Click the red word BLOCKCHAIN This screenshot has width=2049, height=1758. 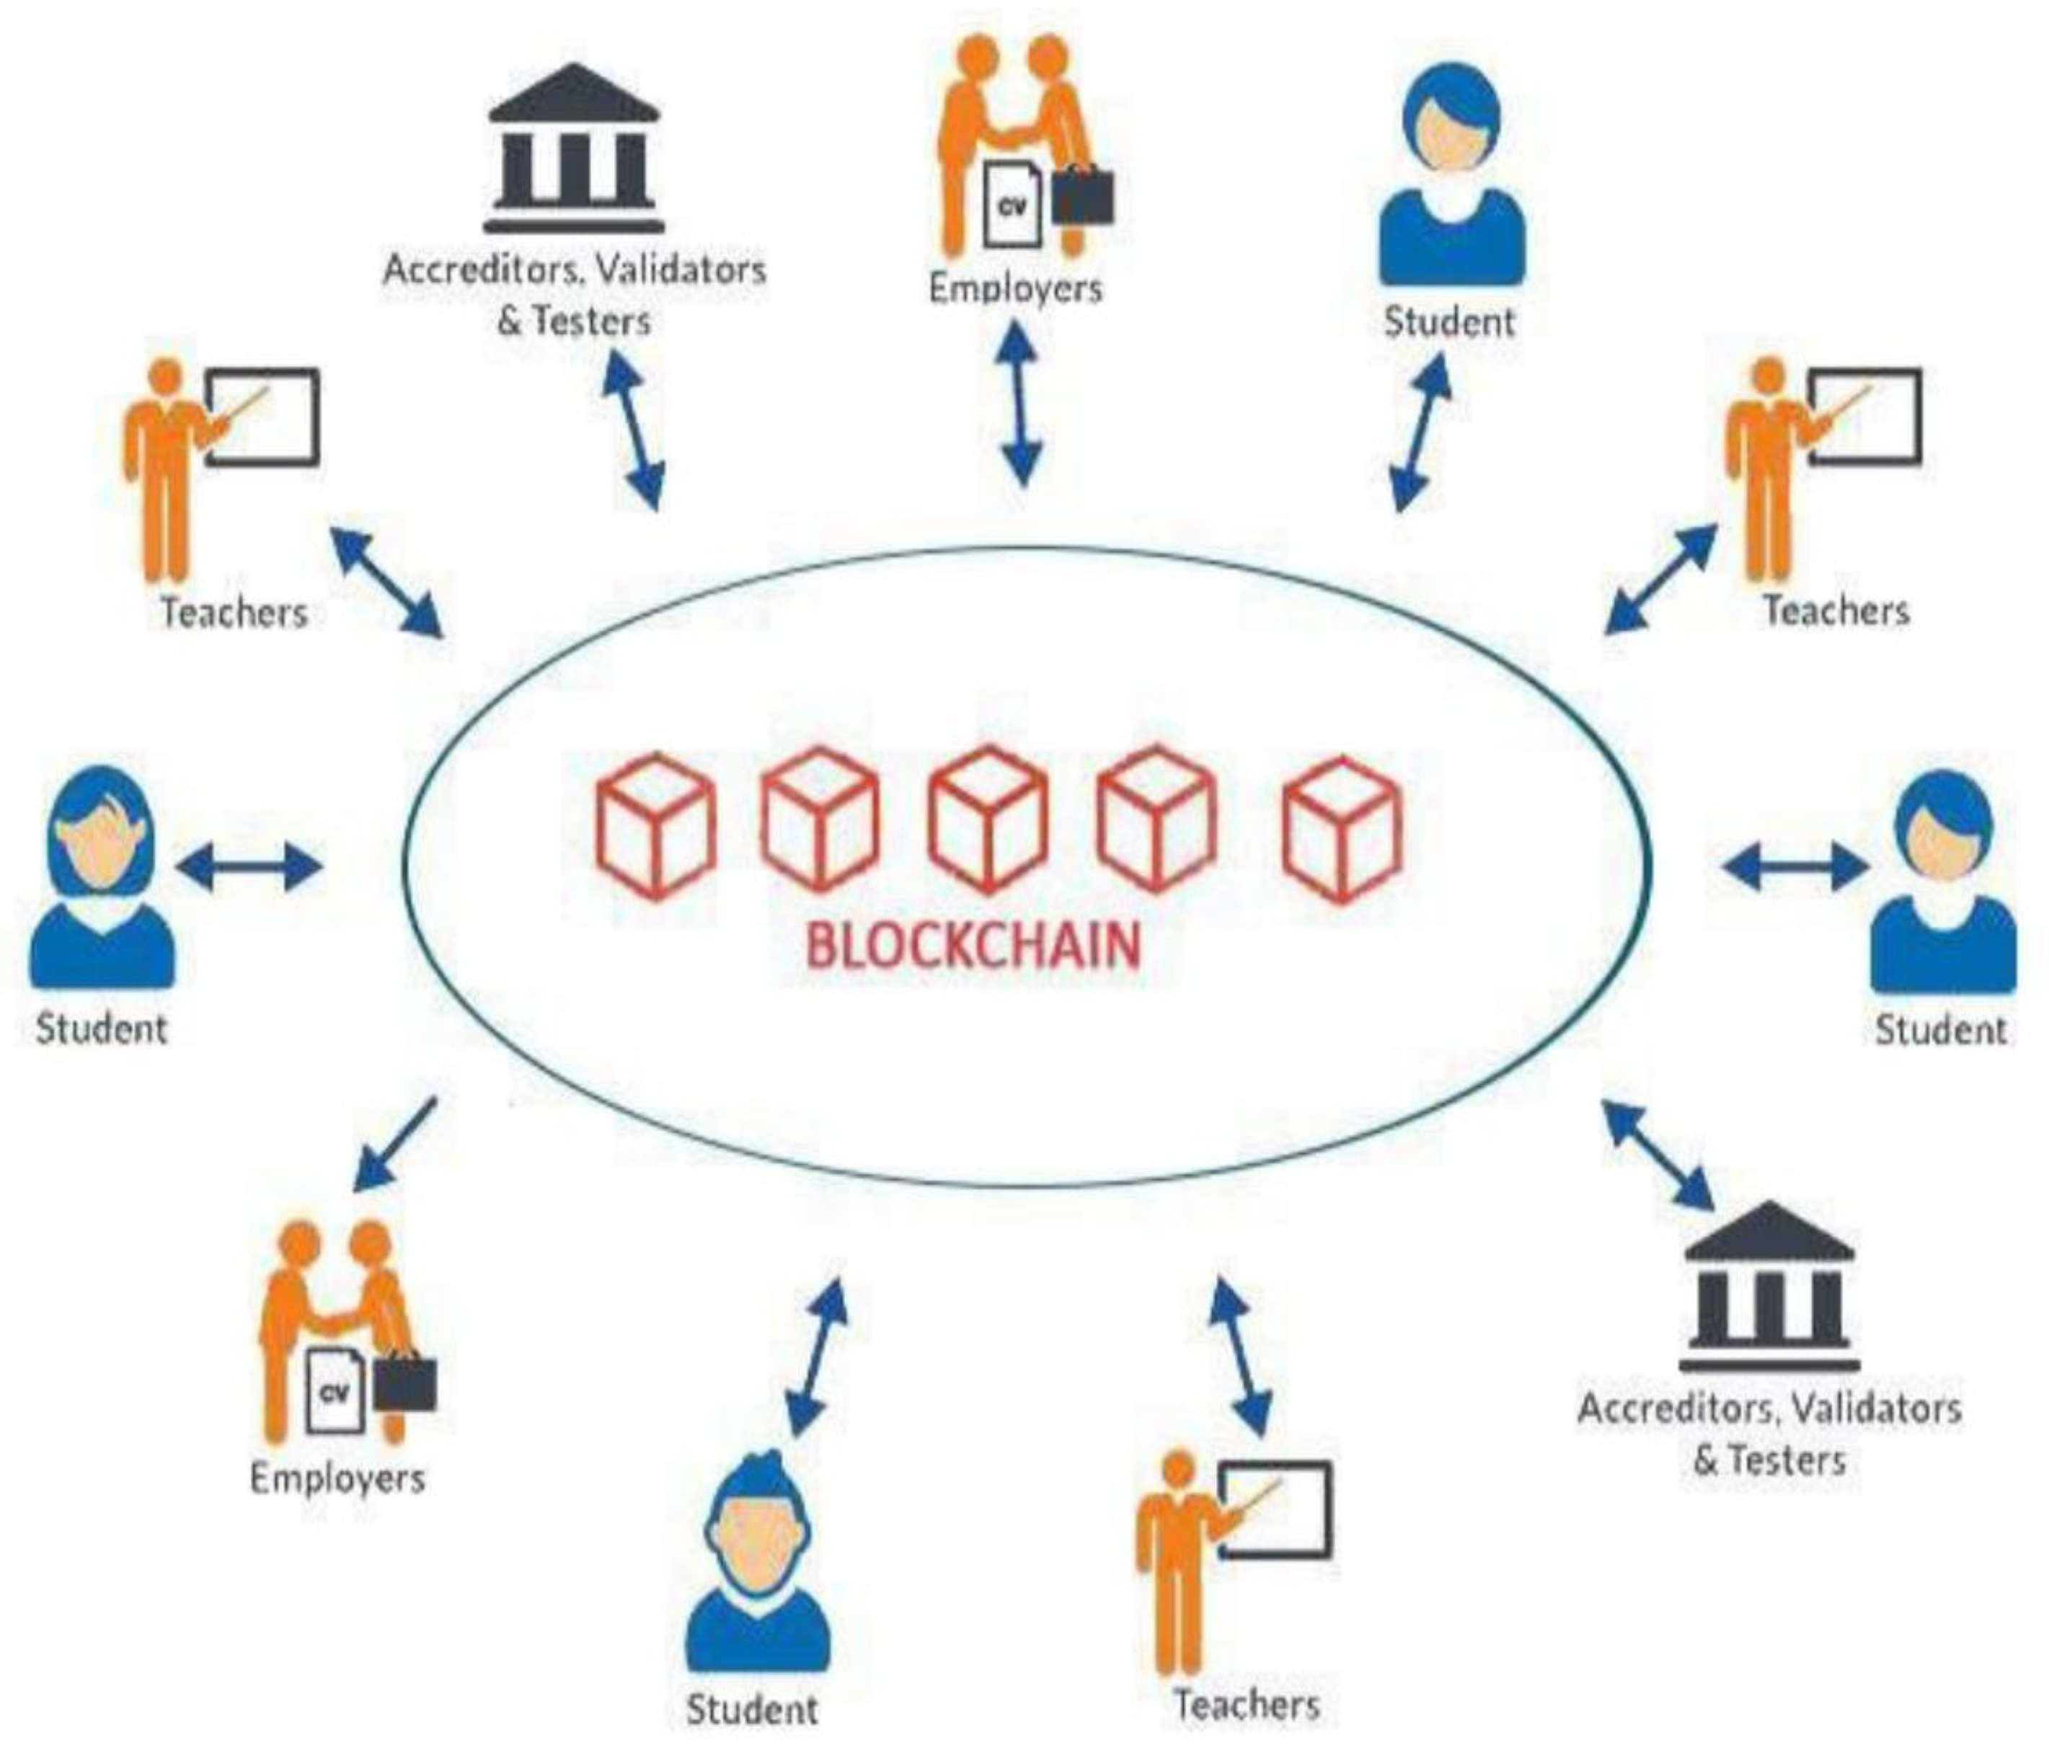coord(974,944)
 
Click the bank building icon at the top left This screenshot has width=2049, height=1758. coord(574,148)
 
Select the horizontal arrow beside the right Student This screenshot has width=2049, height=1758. coord(1794,868)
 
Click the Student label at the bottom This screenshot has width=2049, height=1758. coord(751,1708)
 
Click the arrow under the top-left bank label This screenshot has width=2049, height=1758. coord(633,432)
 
